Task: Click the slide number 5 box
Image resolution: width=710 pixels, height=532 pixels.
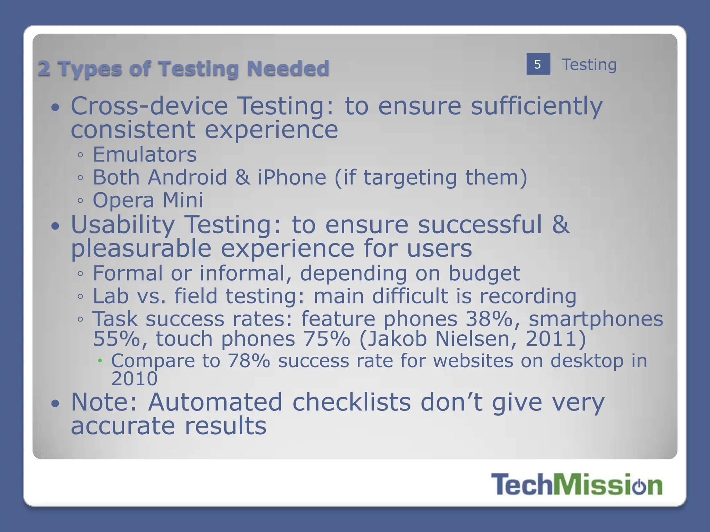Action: [538, 64]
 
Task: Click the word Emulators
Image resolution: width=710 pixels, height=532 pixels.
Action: [145, 154]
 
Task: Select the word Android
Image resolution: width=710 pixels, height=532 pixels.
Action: [187, 177]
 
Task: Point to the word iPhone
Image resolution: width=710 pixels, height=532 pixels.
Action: [292, 177]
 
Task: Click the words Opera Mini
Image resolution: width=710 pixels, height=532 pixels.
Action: [148, 200]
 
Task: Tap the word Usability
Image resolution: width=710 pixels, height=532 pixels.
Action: [123, 225]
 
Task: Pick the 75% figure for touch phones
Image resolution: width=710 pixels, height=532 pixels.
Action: [327, 339]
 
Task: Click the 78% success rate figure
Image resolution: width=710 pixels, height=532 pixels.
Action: [249, 361]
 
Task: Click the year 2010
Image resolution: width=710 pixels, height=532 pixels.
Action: [134, 379]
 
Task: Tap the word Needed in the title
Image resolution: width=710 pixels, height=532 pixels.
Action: [288, 68]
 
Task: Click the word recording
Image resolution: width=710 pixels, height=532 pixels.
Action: [528, 296]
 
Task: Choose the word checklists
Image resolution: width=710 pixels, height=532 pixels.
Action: [352, 402]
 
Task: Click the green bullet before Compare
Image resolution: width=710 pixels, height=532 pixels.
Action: [100, 361]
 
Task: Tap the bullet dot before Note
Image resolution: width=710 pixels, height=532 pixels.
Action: [55, 404]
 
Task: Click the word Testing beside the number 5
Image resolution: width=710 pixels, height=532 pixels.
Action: [589, 65]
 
